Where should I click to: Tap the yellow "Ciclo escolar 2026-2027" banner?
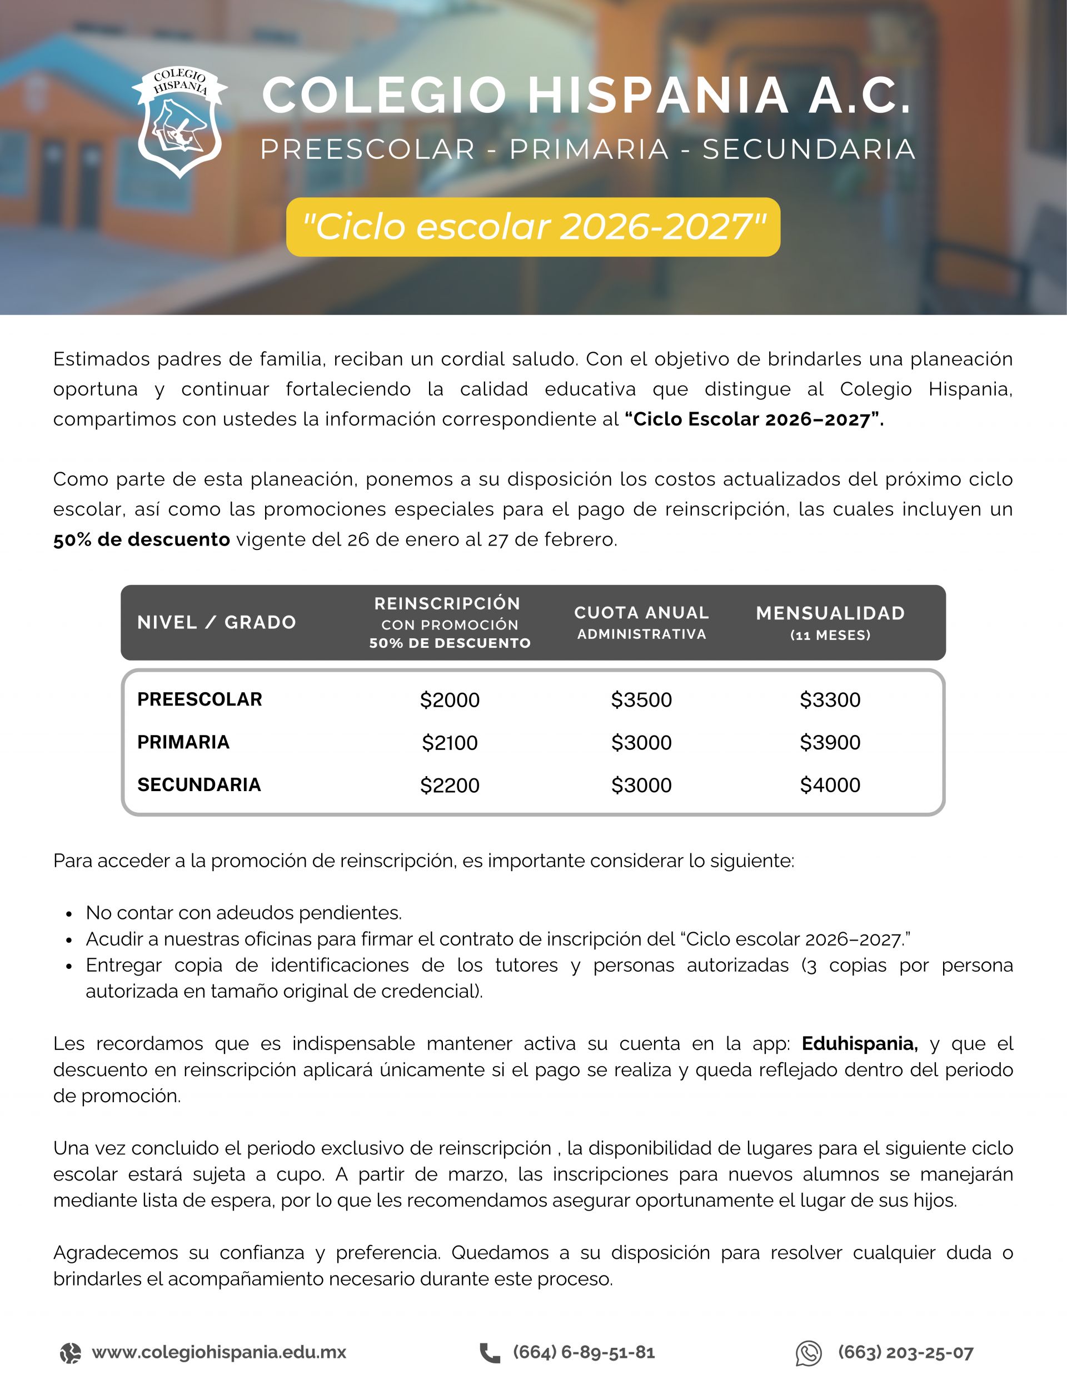tap(533, 227)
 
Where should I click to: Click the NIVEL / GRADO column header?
tap(217, 622)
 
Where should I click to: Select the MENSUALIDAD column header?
tap(830, 613)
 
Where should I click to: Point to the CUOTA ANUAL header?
tap(641, 613)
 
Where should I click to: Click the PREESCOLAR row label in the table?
tap(200, 699)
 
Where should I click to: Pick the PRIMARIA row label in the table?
tap(183, 742)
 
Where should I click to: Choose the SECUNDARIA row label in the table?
tap(199, 785)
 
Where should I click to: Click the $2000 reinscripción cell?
tap(450, 700)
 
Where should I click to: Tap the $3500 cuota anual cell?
tap(641, 700)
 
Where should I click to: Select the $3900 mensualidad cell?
tap(830, 742)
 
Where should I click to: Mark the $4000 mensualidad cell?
tap(830, 786)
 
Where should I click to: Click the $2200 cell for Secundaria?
tap(450, 786)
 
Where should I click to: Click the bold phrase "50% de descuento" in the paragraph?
tap(142, 539)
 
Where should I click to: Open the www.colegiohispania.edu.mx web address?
tap(219, 1352)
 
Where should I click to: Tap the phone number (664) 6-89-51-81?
tap(584, 1352)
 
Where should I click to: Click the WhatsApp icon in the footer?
tap(809, 1353)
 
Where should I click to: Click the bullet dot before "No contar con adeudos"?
tap(69, 914)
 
